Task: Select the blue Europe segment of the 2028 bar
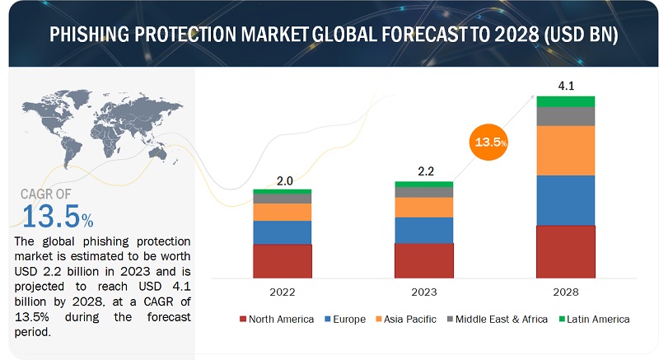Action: [x=566, y=200]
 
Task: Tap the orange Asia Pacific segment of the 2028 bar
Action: [x=566, y=150]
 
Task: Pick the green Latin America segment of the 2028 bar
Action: [x=566, y=101]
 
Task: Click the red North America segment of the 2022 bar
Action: [x=283, y=260]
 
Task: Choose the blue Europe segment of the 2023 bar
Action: [x=424, y=230]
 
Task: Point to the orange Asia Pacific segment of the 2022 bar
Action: [x=283, y=212]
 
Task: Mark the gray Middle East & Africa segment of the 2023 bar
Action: [x=424, y=192]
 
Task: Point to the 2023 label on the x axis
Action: [x=424, y=292]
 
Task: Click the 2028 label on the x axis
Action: [x=566, y=292]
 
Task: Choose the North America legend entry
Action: [x=277, y=319]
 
